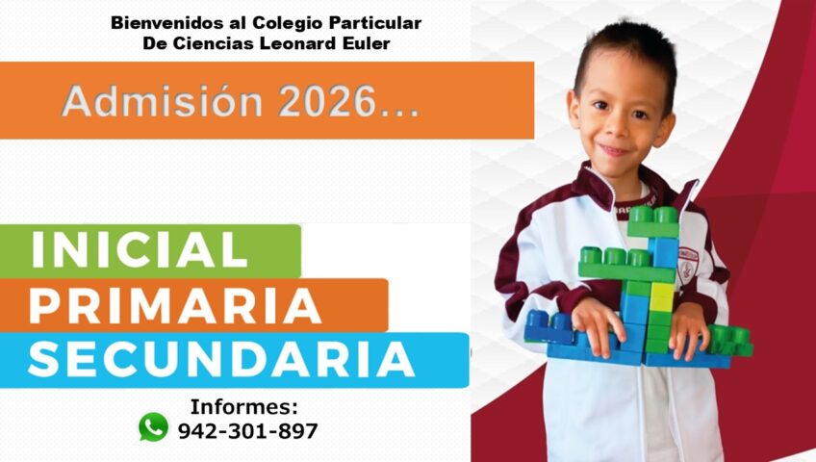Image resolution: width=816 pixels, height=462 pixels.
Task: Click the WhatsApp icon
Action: click(153, 426)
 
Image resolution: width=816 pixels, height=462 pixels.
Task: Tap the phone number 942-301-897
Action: click(247, 431)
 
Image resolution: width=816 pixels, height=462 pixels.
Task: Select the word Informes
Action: click(243, 406)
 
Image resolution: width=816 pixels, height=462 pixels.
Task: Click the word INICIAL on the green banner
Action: click(140, 251)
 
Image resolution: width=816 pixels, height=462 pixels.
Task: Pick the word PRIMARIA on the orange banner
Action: click(174, 306)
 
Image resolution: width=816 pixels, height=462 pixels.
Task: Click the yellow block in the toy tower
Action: click(662, 296)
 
